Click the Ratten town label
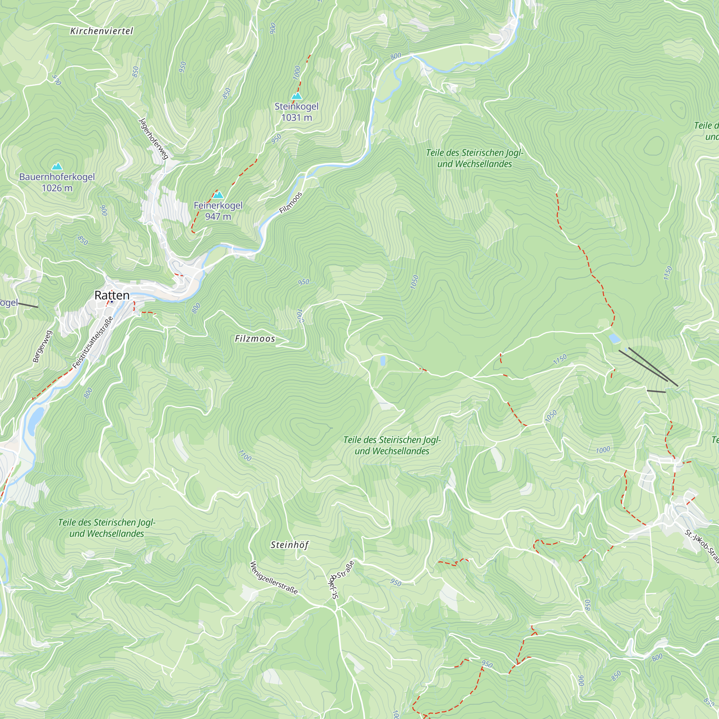112,295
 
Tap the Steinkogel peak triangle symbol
296,96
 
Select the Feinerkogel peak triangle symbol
218,194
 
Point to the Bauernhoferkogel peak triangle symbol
57,166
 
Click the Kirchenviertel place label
101,31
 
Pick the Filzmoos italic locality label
255,339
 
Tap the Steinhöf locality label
289,545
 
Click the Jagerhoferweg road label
154,138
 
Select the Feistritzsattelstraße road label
93,342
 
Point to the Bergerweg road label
42,346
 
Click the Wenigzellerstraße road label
274,578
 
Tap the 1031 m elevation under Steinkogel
296,118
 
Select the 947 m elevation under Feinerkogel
218,216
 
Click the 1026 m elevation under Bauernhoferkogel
57,188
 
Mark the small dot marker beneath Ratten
111,302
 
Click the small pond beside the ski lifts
614,338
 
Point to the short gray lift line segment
656,391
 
